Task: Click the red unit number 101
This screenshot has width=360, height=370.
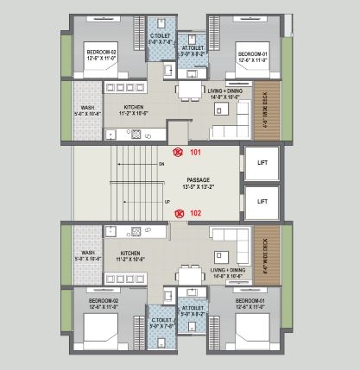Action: click(x=195, y=153)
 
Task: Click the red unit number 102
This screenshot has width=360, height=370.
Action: click(x=195, y=213)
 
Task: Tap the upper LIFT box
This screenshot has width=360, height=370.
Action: click(x=262, y=161)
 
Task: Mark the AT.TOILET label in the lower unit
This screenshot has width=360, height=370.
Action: click(x=192, y=311)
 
